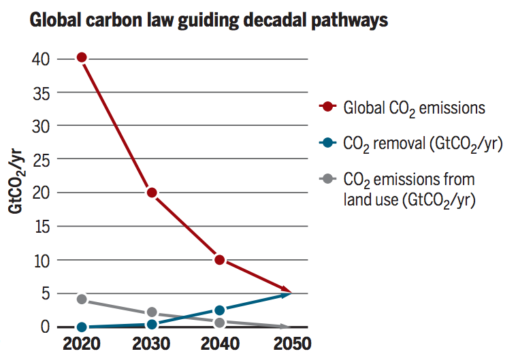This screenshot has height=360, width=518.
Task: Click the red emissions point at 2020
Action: tap(82, 57)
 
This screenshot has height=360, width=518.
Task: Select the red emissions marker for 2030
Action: tap(152, 193)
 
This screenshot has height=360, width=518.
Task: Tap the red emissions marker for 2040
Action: tap(219, 260)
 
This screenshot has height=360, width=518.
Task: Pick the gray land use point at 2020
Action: tap(82, 299)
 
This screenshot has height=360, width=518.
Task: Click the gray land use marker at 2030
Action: tap(152, 312)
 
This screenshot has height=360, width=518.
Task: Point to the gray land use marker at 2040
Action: tap(219, 323)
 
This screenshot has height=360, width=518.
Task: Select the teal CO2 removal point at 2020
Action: tap(82, 327)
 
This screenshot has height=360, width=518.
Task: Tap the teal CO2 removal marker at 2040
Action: tap(219, 310)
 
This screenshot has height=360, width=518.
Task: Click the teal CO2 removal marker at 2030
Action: tap(152, 325)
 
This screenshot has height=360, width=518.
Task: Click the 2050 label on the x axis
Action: tap(289, 343)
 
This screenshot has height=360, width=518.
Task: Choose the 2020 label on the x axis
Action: tap(82, 343)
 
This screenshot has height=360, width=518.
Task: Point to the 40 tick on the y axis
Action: tap(40, 59)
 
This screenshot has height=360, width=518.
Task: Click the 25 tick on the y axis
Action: tap(40, 159)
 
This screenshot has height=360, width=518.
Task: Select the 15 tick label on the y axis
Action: tap(40, 227)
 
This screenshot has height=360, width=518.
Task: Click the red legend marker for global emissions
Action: tap(328, 106)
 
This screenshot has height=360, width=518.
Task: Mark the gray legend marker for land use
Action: tap(328, 179)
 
